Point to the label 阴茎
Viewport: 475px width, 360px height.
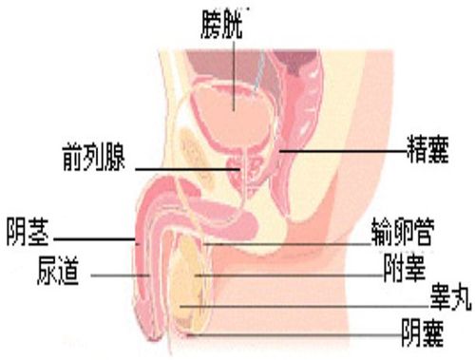[29, 229]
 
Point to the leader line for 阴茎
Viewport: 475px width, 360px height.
[95, 240]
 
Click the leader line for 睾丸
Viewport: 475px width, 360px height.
[304, 306]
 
